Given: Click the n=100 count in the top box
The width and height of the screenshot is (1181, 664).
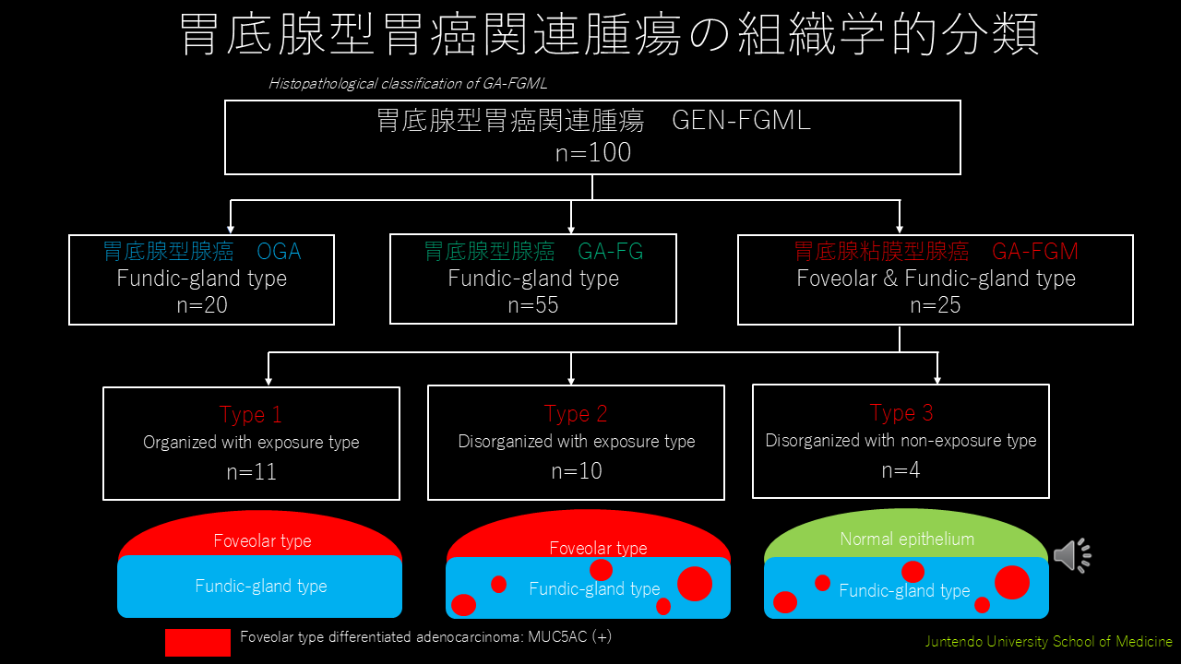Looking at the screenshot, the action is (593, 152).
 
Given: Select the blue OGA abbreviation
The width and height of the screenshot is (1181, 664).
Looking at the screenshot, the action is (279, 252).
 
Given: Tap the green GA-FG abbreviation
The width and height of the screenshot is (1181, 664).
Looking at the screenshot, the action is (610, 252).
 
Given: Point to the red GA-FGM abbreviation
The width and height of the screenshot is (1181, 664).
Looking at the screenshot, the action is (1035, 252).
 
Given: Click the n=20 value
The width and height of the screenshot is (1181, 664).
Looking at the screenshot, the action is (202, 305).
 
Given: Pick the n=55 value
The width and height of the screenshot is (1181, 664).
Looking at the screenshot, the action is (533, 305).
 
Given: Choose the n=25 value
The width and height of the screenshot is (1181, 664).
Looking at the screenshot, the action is (936, 305).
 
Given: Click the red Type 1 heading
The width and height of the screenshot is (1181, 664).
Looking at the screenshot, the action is (251, 415).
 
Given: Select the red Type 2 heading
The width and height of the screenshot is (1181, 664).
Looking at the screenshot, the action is (576, 414).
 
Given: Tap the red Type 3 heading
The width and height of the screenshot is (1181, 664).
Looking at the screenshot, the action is (901, 412).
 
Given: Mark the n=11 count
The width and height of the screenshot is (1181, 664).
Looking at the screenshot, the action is (252, 471).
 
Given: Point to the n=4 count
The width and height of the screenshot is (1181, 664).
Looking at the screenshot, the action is (901, 470).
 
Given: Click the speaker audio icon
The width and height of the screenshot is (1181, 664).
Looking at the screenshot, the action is (1072, 555).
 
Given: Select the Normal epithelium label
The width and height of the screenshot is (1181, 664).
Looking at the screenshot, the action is (907, 539).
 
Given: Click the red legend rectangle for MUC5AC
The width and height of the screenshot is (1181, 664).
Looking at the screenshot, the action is (197, 643).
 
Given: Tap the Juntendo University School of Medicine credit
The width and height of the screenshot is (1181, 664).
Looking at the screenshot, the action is (1049, 641).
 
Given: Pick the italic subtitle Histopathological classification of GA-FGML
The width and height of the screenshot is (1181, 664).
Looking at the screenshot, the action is (408, 83).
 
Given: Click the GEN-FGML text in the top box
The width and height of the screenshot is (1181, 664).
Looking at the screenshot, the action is (741, 120).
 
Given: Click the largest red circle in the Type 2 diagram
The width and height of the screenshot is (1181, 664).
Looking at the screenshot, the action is (695, 584).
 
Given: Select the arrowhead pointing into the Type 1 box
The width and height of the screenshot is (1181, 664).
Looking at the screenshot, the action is (268, 382).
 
